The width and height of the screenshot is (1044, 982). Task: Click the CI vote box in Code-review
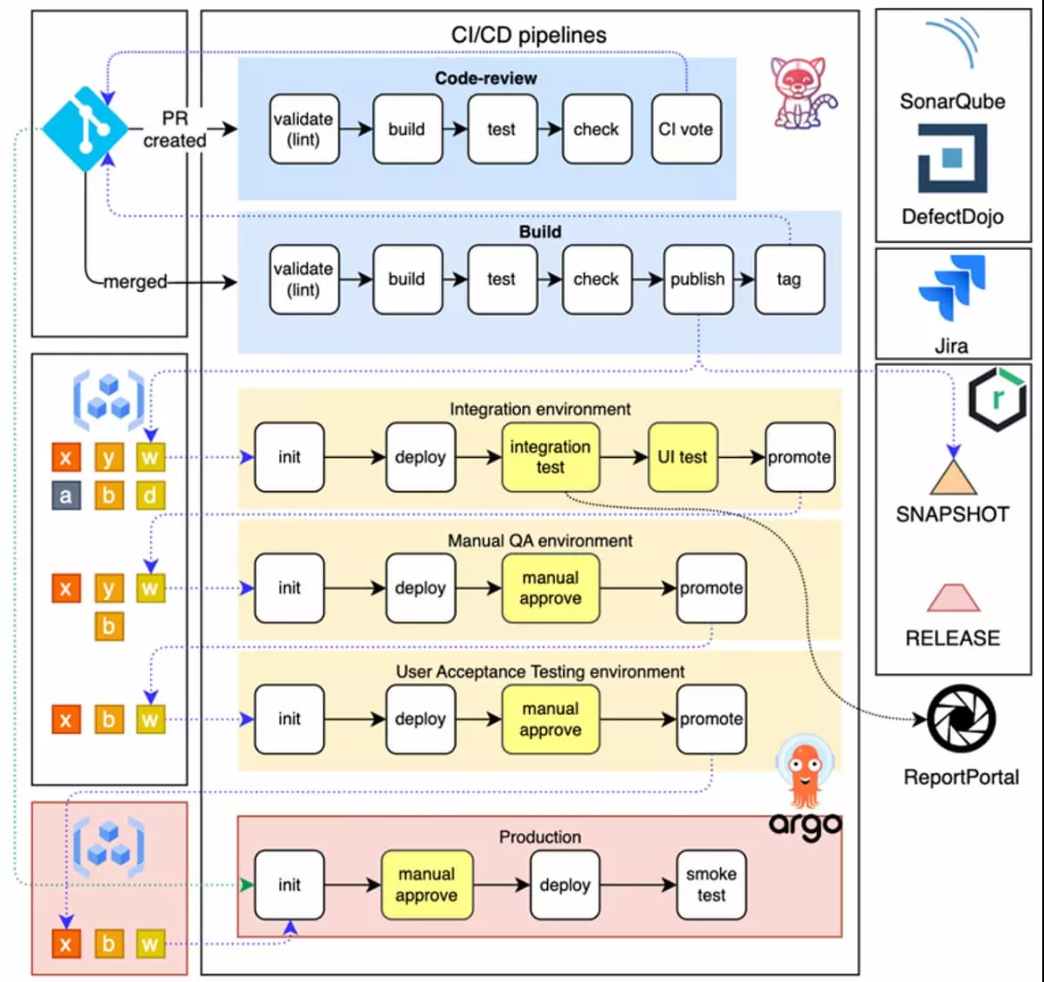click(685, 129)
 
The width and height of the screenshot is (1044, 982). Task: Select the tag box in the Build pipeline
click(789, 279)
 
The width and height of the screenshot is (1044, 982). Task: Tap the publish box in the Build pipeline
click(697, 279)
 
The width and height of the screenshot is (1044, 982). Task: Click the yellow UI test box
click(683, 457)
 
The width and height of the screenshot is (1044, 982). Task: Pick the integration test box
click(550, 457)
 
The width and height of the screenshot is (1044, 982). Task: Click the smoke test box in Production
click(711, 885)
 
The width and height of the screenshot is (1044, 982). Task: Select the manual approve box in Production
click(427, 885)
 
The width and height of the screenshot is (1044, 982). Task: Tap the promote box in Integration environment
click(800, 457)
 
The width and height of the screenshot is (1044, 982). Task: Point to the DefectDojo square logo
click(952, 158)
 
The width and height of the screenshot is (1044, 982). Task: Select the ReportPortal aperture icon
click(961, 720)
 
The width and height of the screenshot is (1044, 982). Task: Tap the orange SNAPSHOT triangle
click(954, 479)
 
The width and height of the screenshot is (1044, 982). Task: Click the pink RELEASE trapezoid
click(953, 598)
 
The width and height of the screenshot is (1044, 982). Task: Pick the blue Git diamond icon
click(86, 129)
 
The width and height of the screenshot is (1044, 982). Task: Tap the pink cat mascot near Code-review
click(800, 92)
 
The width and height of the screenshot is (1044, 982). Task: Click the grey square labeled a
click(65, 495)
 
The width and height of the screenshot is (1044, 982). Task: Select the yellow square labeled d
click(150, 495)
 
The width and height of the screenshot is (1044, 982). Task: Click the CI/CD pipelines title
click(528, 35)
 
